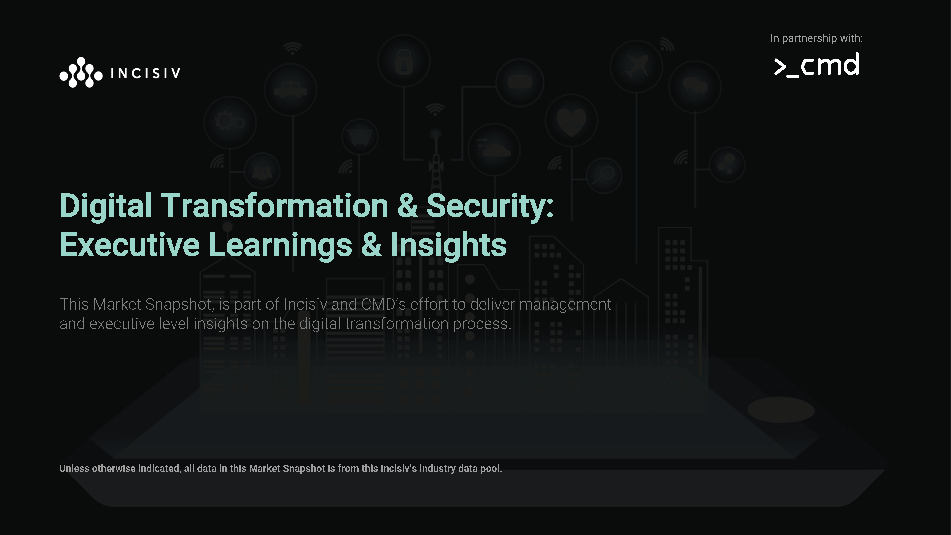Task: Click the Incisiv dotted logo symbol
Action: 81,72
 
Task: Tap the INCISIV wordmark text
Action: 145,73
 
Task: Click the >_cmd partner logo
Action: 817,65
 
